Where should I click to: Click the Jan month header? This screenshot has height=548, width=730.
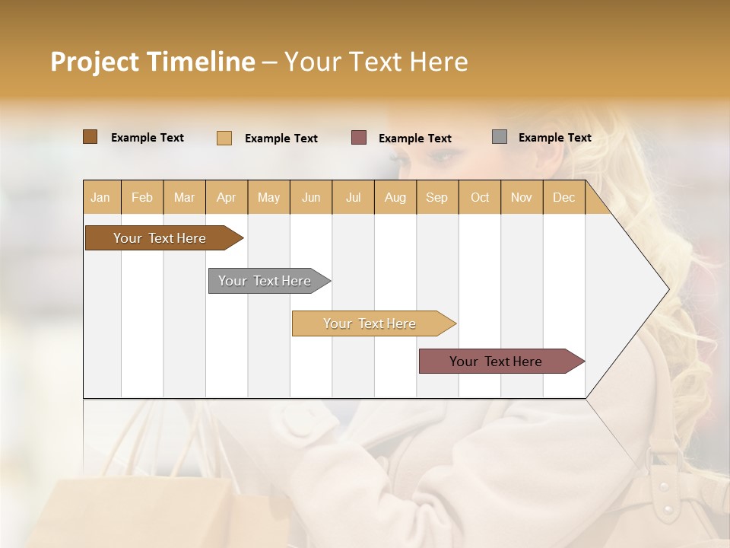pyautogui.click(x=100, y=197)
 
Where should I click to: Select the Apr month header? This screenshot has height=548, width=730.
pyautogui.click(x=226, y=197)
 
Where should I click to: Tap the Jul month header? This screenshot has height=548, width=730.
pyautogui.click(x=353, y=197)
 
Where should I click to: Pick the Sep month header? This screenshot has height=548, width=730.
pyautogui.click(x=436, y=197)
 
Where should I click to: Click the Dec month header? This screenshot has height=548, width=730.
pyautogui.click(x=563, y=197)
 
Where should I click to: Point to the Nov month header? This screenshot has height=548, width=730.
pyautogui.click(x=521, y=197)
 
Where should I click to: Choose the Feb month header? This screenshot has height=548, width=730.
pyautogui.click(x=142, y=197)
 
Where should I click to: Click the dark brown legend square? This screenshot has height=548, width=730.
pyautogui.click(x=90, y=137)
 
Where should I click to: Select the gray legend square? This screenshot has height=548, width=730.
pyautogui.click(x=500, y=137)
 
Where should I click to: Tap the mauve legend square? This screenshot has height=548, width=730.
pyautogui.click(x=359, y=138)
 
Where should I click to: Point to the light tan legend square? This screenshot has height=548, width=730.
pyautogui.click(x=224, y=138)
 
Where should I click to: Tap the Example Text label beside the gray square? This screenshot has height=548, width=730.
pyautogui.click(x=554, y=138)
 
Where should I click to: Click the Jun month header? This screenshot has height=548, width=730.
pyautogui.click(x=311, y=197)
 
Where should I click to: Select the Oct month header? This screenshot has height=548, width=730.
pyautogui.click(x=480, y=197)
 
